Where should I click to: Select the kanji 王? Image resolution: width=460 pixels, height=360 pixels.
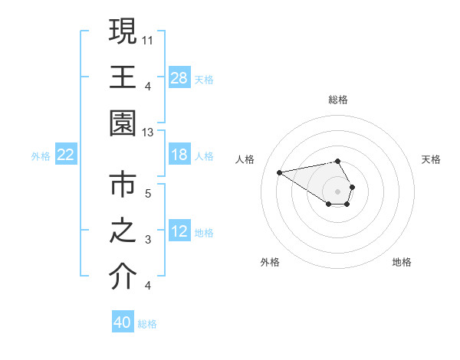pyautogui.click(x=123, y=78)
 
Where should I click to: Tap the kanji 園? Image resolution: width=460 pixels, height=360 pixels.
pyautogui.click(x=123, y=125)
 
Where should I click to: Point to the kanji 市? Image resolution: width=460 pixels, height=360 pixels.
pyautogui.click(x=123, y=186)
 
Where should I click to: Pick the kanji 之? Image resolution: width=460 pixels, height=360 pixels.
pyautogui.click(x=123, y=232)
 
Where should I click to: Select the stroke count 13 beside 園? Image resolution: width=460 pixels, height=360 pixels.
pyautogui.click(x=149, y=133)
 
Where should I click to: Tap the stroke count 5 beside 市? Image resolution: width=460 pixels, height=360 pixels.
pyautogui.click(x=148, y=193)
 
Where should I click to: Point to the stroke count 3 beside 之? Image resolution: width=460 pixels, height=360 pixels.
pyautogui.click(x=148, y=240)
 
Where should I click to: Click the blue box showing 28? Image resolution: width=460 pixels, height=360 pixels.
pyautogui.click(x=179, y=78)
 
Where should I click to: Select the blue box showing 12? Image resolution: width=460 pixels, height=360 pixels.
pyautogui.click(x=179, y=232)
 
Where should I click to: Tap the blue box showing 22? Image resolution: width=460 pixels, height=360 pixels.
pyautogui.click(x=66, y=155)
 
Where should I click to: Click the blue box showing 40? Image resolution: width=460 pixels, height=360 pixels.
pyautogui.click(x=123, y=322)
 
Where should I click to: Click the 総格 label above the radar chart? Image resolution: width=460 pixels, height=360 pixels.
pyautogui.click(x=338, y=100)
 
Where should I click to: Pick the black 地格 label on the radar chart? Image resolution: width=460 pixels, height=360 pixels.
pyautogui.click(x=402, y=262)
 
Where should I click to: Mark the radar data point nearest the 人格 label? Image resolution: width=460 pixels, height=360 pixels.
pyautogui.click(x=279, y=172)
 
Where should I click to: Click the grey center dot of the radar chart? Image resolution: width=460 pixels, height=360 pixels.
pyautogui.click(x=338, y=191)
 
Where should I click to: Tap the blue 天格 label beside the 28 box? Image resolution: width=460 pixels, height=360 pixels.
pyautogui.click(x=204, y=79)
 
